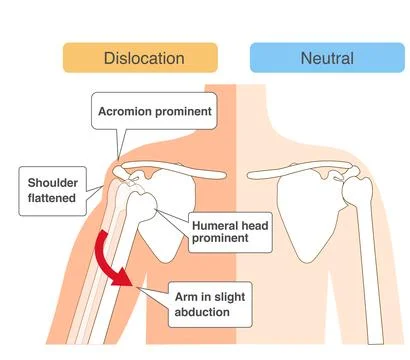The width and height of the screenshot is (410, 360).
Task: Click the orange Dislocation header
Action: (x=144, y=58)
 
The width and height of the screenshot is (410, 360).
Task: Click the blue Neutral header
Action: (x=326, y=58)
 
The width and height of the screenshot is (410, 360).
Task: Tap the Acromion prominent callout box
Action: (x=154, y=111)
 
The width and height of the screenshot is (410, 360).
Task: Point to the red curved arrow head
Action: (x=124, y=283)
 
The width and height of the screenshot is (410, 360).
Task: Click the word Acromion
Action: (x=127, y=111)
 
